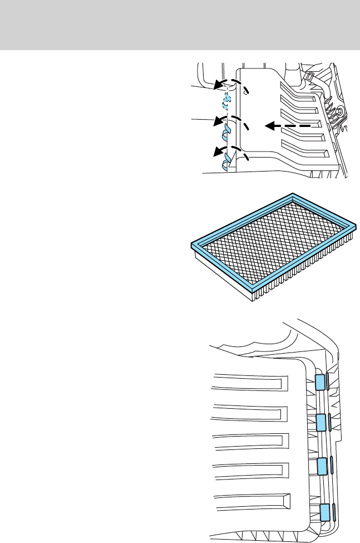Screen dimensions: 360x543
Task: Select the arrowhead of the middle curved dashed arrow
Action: tap(219, 121)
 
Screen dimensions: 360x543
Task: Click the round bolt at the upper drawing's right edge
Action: tap(338, 112)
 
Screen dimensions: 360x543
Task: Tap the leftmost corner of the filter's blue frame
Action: tap(193, 244)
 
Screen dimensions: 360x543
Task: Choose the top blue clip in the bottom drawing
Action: tap(320, 382)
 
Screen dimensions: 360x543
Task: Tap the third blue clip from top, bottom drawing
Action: tap(321, 466)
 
